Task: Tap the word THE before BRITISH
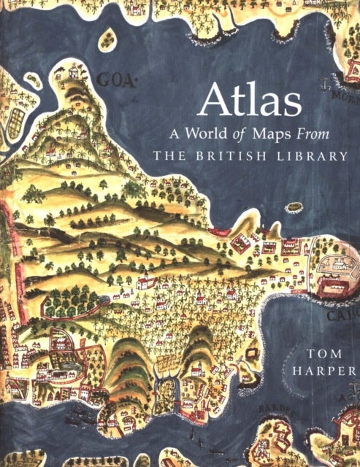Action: tap(167, 155)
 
